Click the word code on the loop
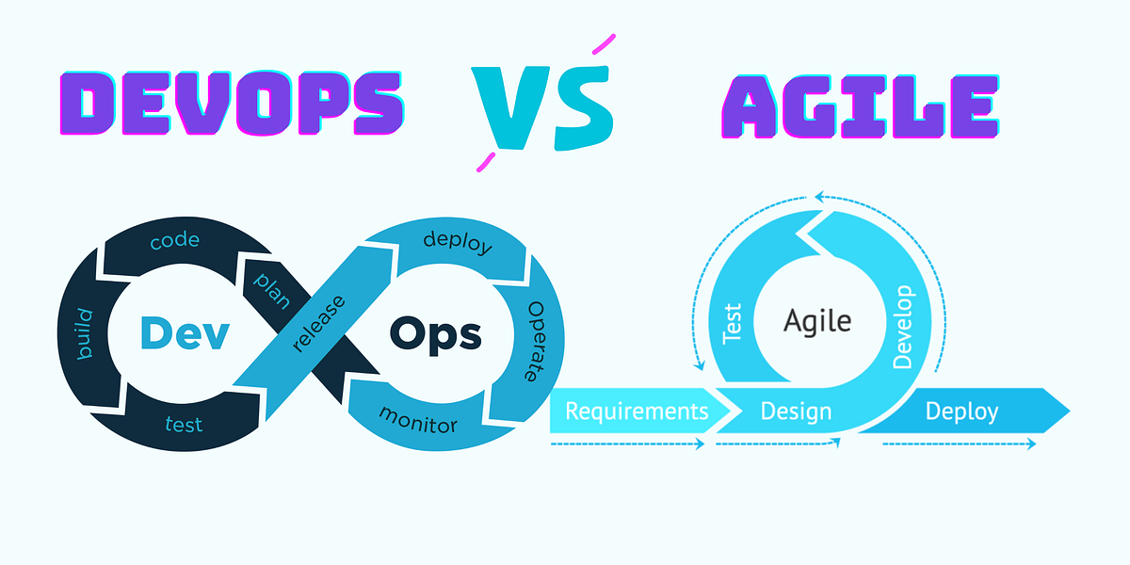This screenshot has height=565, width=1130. tap(175, 241)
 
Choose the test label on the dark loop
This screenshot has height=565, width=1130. tap(184, 425)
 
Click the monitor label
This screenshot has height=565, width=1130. tap(418, 420)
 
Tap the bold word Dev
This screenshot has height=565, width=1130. tap(184, 332)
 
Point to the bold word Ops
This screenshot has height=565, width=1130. tap(435, 332)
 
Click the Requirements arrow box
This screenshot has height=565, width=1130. tap(637, 411)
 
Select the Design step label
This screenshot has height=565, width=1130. tap(796, 412)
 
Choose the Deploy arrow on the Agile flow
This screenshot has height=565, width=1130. tap(961, 412)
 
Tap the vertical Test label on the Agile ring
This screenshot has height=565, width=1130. tap(733, 323)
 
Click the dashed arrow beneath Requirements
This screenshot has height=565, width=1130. tap(627, 444)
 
